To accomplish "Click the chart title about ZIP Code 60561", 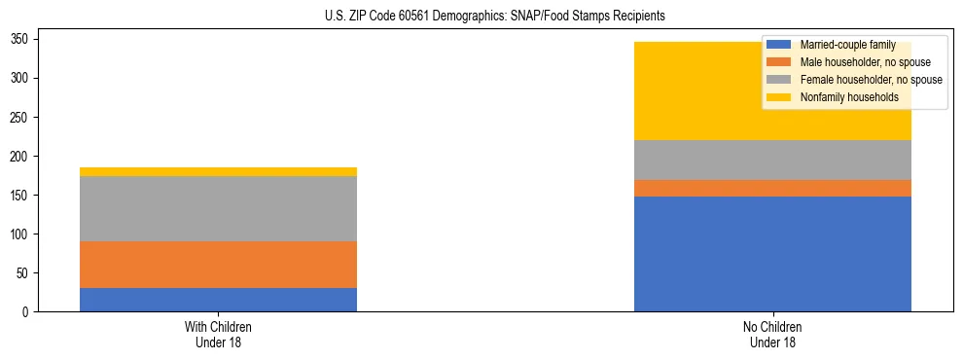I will point(495,17).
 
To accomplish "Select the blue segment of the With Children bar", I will point(218,300).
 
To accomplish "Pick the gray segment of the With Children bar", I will point(218,208).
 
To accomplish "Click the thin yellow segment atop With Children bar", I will point(218,171).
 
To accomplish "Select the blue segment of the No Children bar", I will point(772,254).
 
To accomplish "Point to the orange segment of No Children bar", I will point(772,188).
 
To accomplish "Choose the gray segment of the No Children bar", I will point(772,160).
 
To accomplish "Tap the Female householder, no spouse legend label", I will point(870,80).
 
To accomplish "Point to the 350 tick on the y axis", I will point(21,39).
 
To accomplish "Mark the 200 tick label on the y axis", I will point(21,156).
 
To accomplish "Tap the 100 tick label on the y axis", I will point(21,234).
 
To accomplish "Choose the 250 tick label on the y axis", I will point(21,117).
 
